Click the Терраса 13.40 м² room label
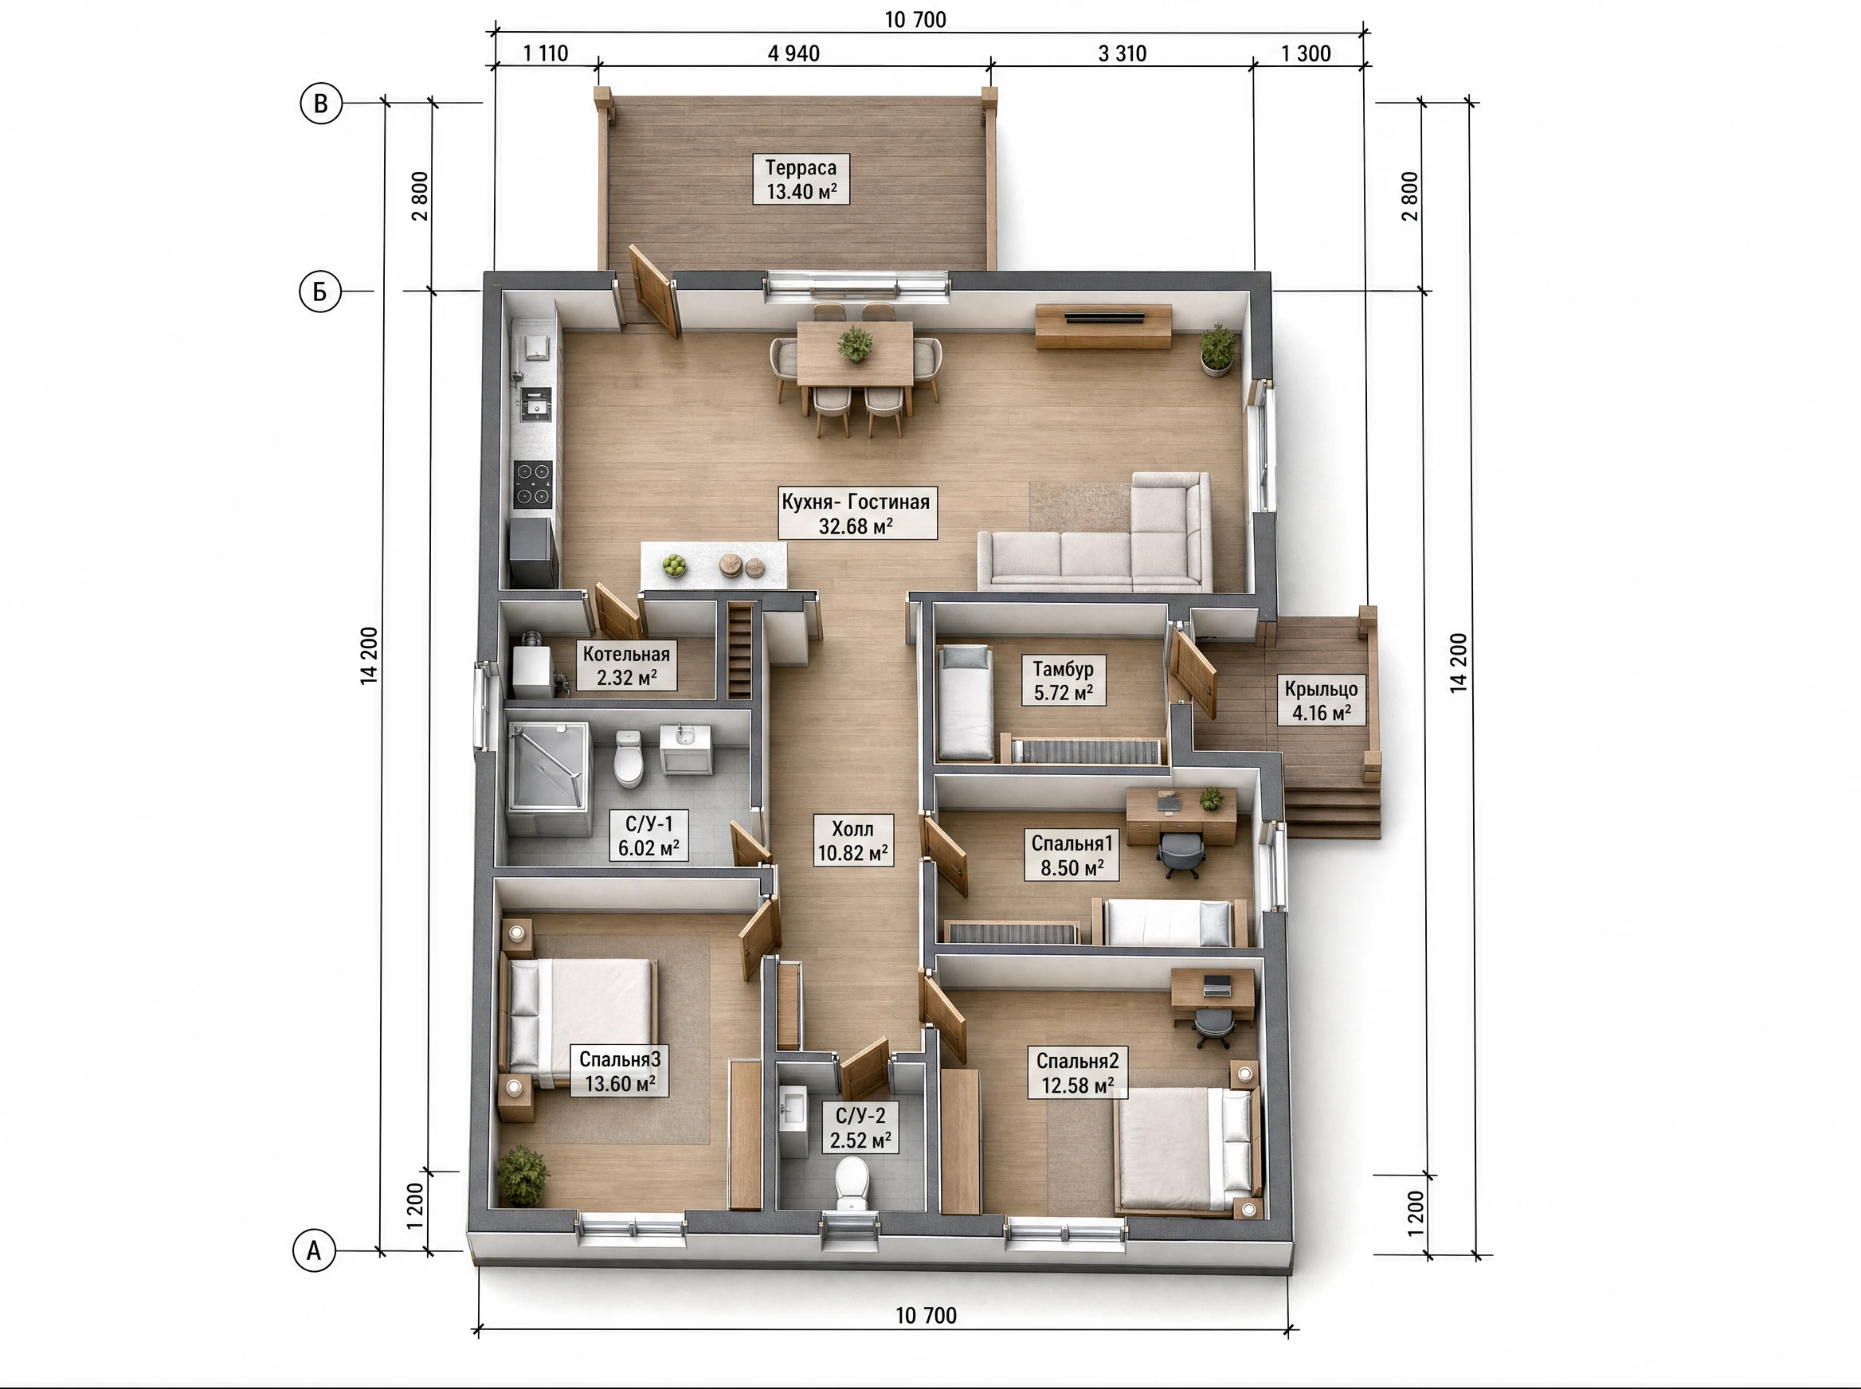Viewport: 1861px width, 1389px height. [801, 179]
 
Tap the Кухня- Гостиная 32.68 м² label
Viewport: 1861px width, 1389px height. [856, 513]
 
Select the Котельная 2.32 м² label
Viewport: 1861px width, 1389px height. [626, 665]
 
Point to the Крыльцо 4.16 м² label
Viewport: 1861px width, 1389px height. [1321, 700]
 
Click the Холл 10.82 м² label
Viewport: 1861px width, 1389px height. [852, 840]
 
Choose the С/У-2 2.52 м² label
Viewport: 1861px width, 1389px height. [860, 1128]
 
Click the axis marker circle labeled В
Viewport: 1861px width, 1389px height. [320, 104]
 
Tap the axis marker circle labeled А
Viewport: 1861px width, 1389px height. [314, 1250]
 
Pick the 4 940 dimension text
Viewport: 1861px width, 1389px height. [793, 54]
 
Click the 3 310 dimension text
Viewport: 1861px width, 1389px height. [1122, 54]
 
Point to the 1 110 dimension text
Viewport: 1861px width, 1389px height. [545, 54]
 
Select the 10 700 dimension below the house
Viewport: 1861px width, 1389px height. [926, 1315]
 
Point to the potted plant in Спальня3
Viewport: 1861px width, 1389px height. [523, 1176]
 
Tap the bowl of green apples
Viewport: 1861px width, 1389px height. [674, 565]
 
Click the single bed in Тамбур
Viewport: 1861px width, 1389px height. [966, 701]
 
